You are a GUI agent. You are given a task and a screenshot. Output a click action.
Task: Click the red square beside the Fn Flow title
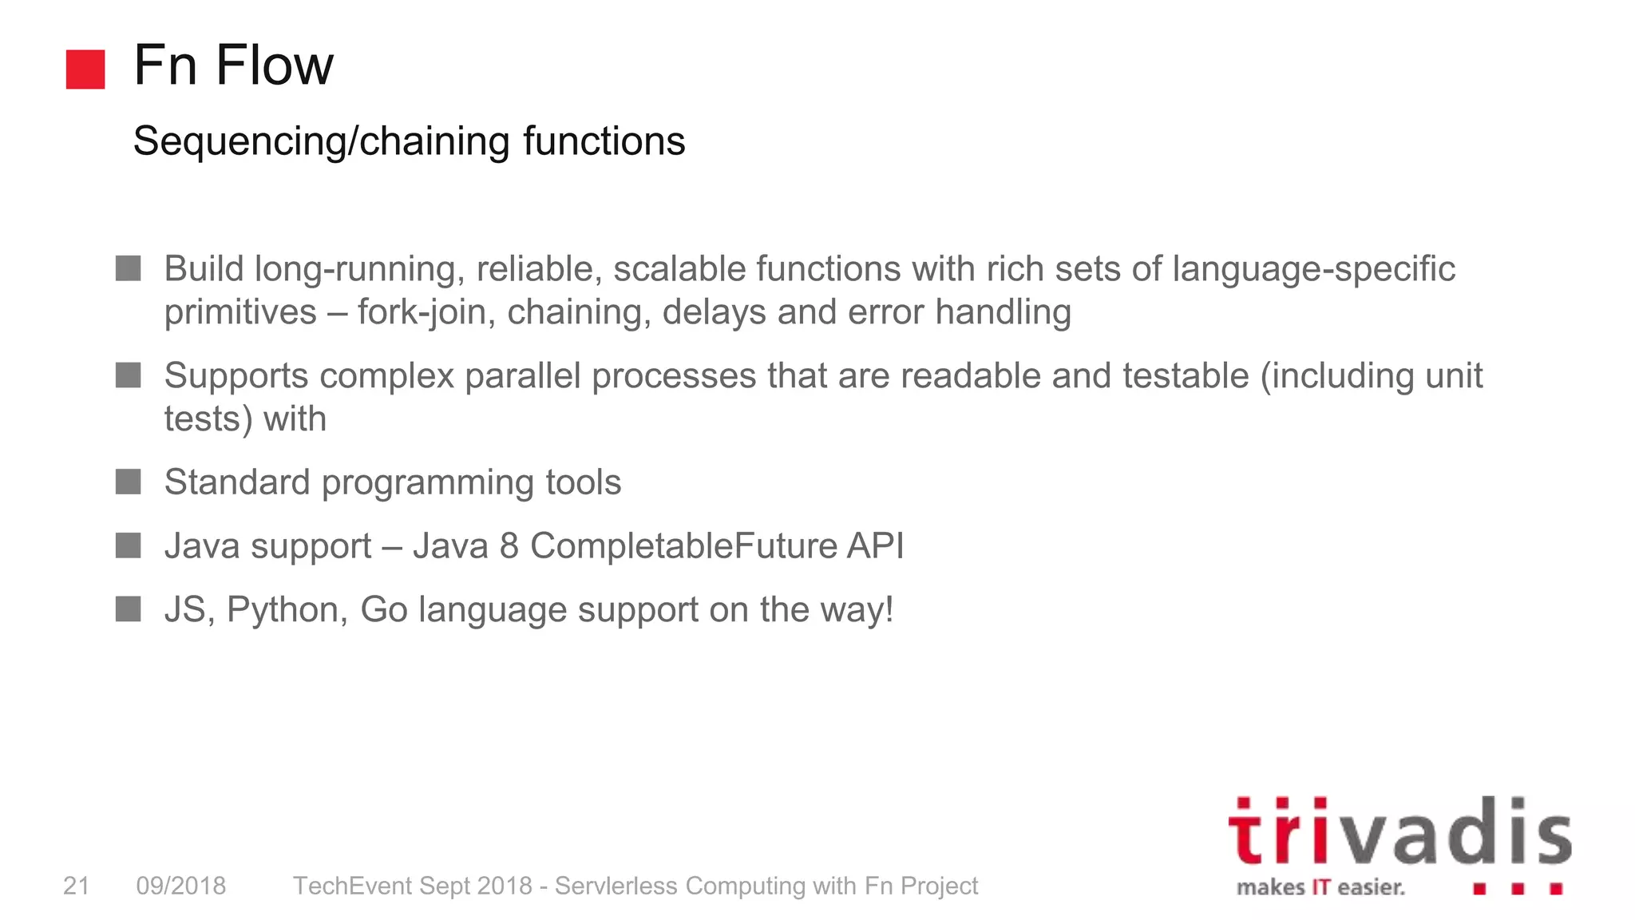point(85,69)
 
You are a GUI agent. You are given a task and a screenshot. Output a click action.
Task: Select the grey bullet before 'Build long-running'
point(128,268)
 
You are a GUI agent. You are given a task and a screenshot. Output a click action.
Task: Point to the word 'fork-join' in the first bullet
point(422,312)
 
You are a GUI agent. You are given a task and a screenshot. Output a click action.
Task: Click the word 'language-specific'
point(1313,269)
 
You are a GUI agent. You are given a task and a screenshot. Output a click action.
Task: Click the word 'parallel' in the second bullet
point(522,376)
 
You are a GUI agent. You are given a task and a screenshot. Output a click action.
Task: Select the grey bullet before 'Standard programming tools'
point(128,482)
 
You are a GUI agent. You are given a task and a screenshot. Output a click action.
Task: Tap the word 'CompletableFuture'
point(683,546)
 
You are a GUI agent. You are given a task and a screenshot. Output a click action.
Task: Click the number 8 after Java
point(509,546)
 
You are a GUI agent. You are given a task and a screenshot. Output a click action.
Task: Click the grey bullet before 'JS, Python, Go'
point(128,609)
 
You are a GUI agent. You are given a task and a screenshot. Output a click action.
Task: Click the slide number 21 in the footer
point(76,886)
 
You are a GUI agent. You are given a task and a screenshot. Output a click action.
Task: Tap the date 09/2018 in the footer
point(181,886)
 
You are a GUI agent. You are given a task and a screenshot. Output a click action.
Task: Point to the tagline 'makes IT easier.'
point(1320,888)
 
